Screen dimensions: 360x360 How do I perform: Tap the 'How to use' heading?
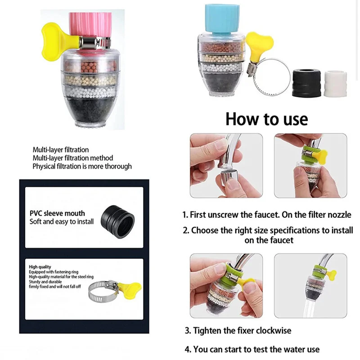(266, 119)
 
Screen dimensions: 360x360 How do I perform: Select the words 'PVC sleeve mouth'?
(57, 213)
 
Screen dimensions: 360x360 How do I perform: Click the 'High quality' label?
(40, 267)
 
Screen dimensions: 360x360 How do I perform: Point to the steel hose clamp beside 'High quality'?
(101, 292)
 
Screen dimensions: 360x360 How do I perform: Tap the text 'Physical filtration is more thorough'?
(82, 166)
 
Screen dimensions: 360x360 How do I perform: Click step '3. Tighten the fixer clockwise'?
(238, 330)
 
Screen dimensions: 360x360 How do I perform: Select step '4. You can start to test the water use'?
(252, 349)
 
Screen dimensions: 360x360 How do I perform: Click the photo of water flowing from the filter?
(310, 286)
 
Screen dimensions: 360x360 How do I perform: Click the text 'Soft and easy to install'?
(62, 221)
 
